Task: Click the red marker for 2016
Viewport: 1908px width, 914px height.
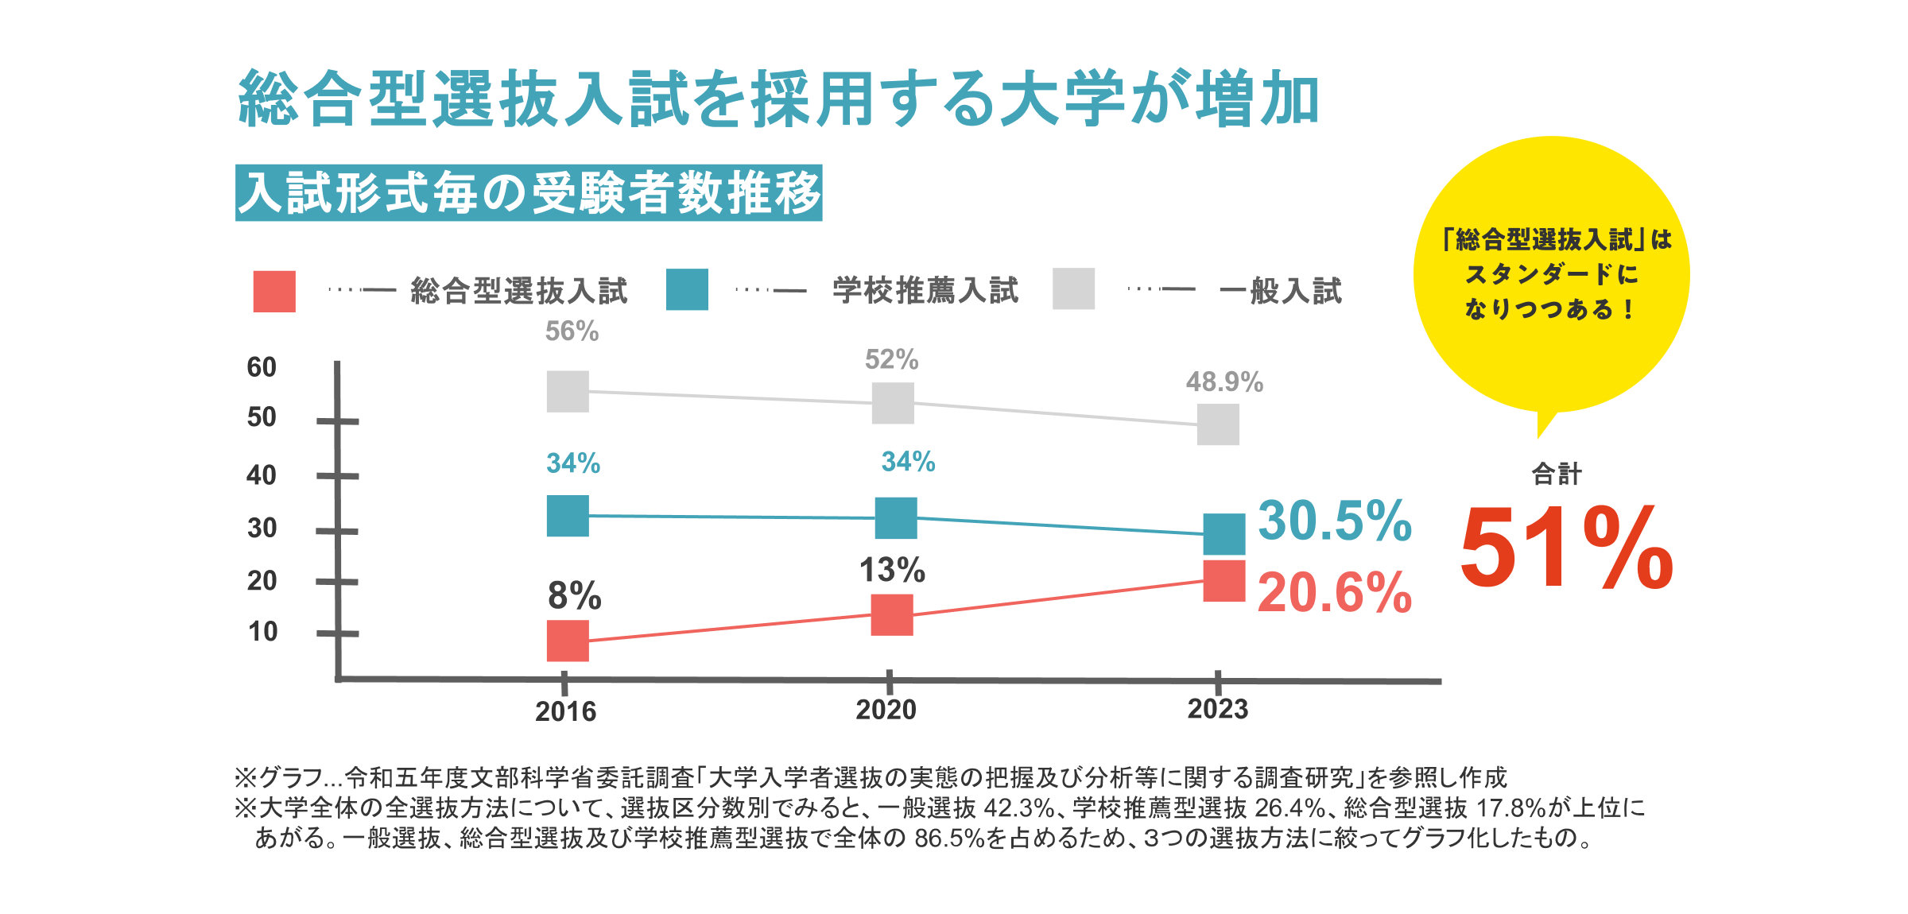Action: (568, 641)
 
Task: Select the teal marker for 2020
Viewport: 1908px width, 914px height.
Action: (896, 518)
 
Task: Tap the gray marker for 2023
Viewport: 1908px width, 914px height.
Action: (1218, 424)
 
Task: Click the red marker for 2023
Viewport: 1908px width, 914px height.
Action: (1224, 581)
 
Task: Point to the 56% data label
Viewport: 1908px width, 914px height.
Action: (572, 331)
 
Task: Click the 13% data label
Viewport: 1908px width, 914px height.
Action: (892, 570)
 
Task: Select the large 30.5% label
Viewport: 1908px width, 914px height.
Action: (1334, 521)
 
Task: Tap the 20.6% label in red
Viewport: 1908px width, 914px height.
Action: (1334, 593)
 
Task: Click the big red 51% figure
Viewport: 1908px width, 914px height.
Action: (1566, 548)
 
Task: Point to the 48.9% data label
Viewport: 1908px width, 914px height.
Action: (1224, 382)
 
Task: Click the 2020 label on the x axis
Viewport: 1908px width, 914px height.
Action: (886, 710)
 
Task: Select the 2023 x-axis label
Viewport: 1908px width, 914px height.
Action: (1217, 709)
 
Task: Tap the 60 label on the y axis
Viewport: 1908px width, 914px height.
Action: (262, 367)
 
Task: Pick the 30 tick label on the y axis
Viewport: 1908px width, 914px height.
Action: (262, 528)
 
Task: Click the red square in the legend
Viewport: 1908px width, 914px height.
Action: (274, 292)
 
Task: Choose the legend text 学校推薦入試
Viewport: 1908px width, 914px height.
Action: (925, 291)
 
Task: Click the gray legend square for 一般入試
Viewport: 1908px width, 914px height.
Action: (1073, 289)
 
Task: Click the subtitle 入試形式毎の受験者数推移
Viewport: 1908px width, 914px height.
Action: (529, 193)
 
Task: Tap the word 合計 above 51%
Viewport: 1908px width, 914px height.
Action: (1556, 474)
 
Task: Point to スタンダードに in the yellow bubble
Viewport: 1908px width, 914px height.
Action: (1551, 274)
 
